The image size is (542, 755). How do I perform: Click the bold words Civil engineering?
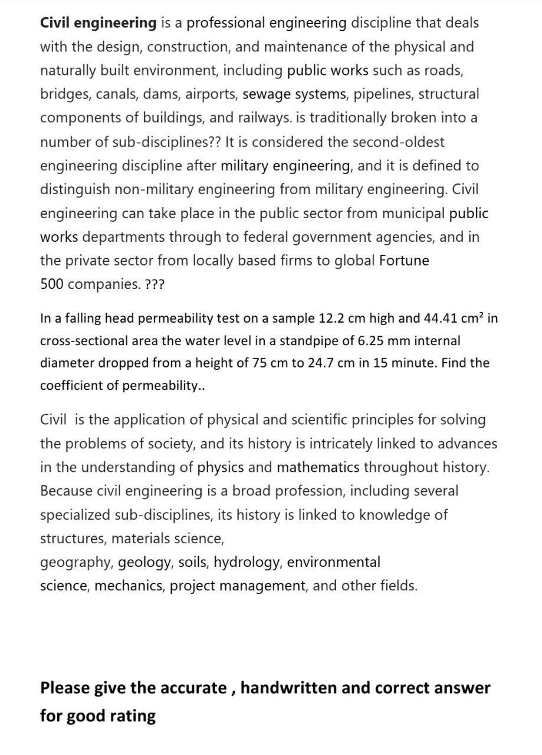click(x=98, y=23)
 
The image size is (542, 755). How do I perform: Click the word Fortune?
click(x=404, y=261)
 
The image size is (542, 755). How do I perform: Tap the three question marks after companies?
click(x=155, y=284)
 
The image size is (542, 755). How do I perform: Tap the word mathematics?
click(x=318, y=468)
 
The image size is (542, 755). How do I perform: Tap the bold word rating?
click(x=133, y=716)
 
